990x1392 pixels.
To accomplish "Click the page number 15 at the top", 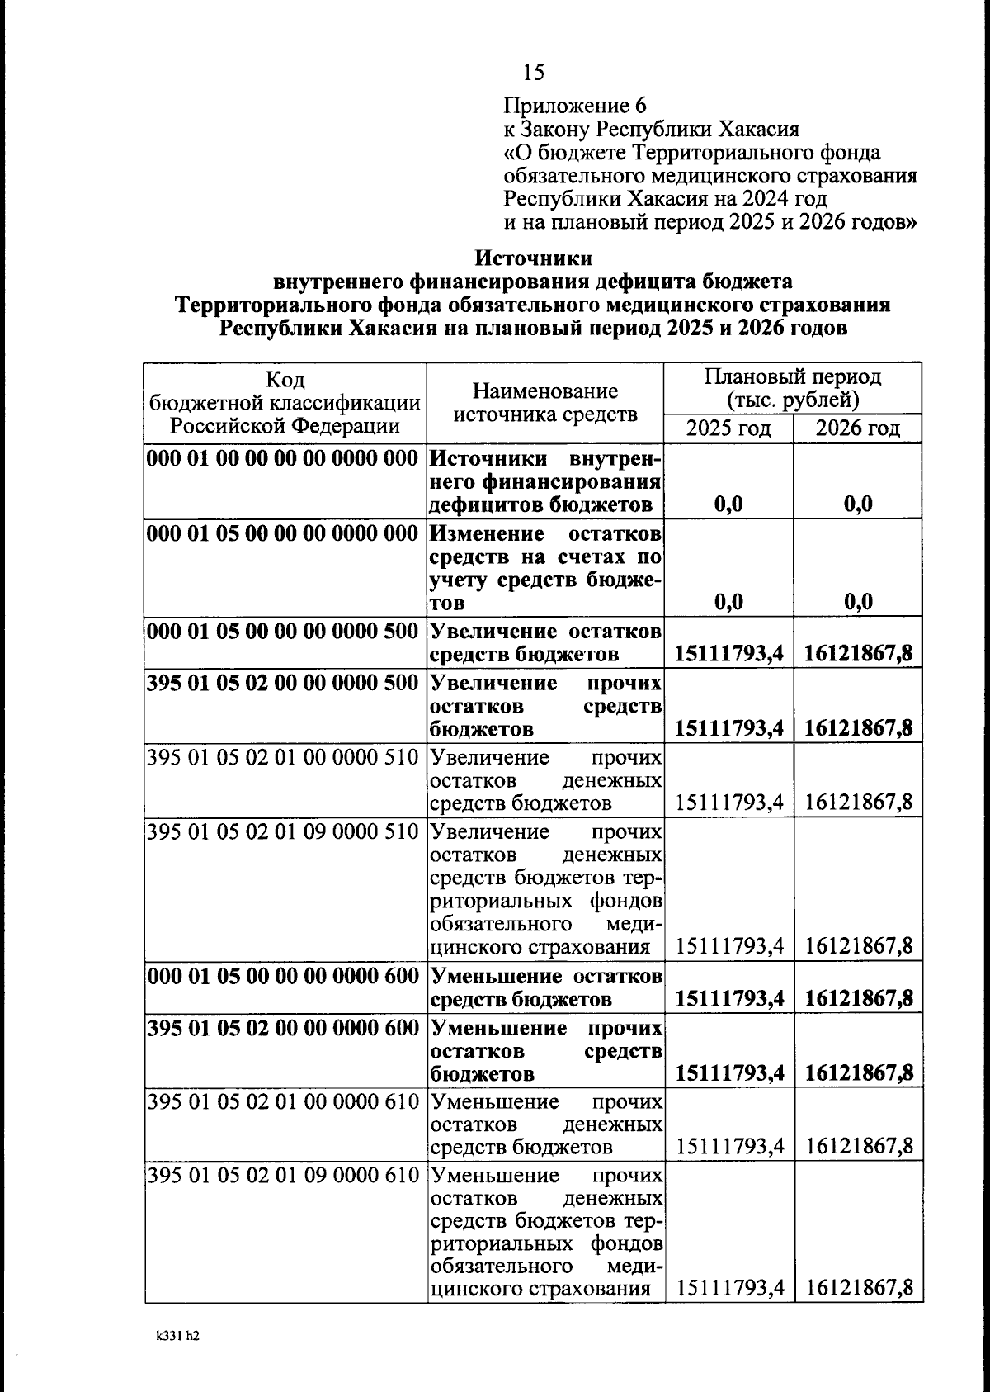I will (534, 73).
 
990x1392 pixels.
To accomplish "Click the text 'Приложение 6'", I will (575, 106).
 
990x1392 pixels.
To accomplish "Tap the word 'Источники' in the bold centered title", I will (534, 258).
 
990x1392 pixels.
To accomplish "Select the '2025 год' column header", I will (728, 428).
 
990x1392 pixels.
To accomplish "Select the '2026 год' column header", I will (857, 428).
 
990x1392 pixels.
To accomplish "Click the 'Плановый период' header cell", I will (792, 389).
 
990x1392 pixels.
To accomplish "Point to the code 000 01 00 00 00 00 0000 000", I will (284, 458).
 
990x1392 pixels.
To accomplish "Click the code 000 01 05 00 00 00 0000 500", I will (284, 632).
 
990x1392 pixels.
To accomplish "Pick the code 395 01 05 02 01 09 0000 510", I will (284, 831).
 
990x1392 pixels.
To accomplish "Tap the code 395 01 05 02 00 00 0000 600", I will (284, 1029).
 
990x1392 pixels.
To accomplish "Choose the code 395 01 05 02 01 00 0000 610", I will (284, 1102).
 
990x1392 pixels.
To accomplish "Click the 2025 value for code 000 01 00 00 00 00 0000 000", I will (728, 504).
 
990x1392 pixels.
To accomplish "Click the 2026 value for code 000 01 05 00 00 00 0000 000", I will (858, 602).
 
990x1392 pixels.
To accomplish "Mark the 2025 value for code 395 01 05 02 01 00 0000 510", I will (729, 803).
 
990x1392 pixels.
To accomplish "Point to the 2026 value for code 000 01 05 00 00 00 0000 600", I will (859, 999).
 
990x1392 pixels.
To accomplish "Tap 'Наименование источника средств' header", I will (545, 402).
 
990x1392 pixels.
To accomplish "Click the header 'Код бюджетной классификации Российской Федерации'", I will (285, 402).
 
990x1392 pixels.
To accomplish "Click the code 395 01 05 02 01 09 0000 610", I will (284, 1175).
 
